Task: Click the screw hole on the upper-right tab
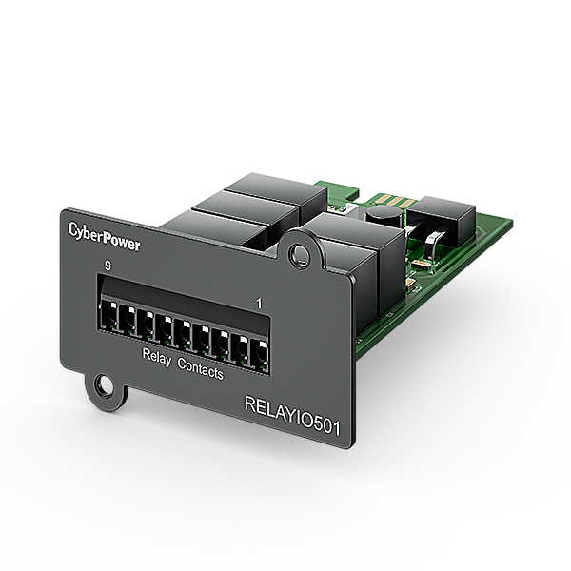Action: pyautogui.click(x=302, y=254)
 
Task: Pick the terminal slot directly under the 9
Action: pyautogui.click(x=108, y=317)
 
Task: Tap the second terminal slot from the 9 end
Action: pyautogui.click(x=127, y=321)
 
